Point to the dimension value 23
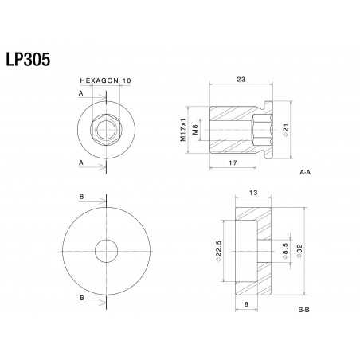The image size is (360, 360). (x=241, y=78)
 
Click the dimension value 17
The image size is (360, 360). (x=232, y=162)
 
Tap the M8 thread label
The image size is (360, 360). (x=195, y=126)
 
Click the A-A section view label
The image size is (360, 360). (x=305, y=172)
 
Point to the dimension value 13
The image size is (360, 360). (x=252, y=194)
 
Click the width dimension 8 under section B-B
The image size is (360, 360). (x=245, y=303)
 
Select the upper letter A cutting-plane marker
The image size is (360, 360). (x=80, y=93)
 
